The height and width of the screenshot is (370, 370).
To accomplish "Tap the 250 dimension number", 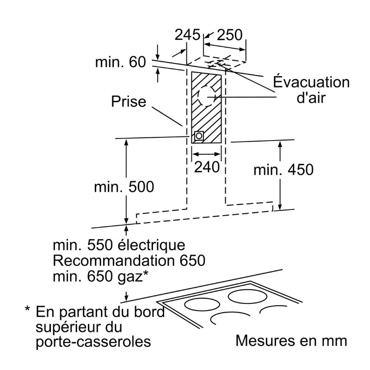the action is (229, 35).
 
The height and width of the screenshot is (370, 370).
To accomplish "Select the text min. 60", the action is (121, 62).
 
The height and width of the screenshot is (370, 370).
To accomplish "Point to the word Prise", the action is (129, 101).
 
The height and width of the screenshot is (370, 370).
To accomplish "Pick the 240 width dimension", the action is (207, 167).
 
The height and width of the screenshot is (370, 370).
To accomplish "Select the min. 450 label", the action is (284, 169).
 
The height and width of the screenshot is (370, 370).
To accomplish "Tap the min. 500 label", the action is (124, 187).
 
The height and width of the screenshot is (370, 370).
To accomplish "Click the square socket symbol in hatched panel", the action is (199, 136).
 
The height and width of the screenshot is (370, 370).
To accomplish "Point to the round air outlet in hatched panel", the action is (206, 97).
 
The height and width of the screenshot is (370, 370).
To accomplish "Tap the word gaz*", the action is (133, 277).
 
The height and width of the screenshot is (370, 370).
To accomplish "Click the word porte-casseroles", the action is (93, 341).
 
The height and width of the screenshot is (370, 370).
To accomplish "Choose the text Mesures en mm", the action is (291, 341).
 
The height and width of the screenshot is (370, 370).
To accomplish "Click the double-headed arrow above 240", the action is (206, 154).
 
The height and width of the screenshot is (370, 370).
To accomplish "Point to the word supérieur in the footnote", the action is (79, 327).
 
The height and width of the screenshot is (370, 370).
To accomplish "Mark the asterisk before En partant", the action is (28, 308).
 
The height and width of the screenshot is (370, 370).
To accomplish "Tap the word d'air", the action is (311, 97).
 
